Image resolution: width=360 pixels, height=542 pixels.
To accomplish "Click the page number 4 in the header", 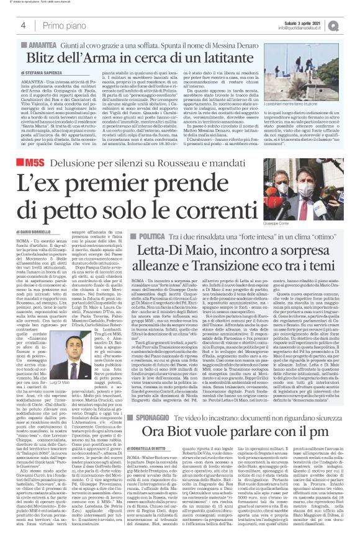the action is pos(23,24).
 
